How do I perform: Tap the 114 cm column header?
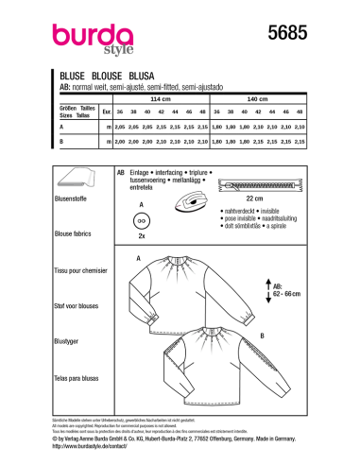(x=172, y=98)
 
